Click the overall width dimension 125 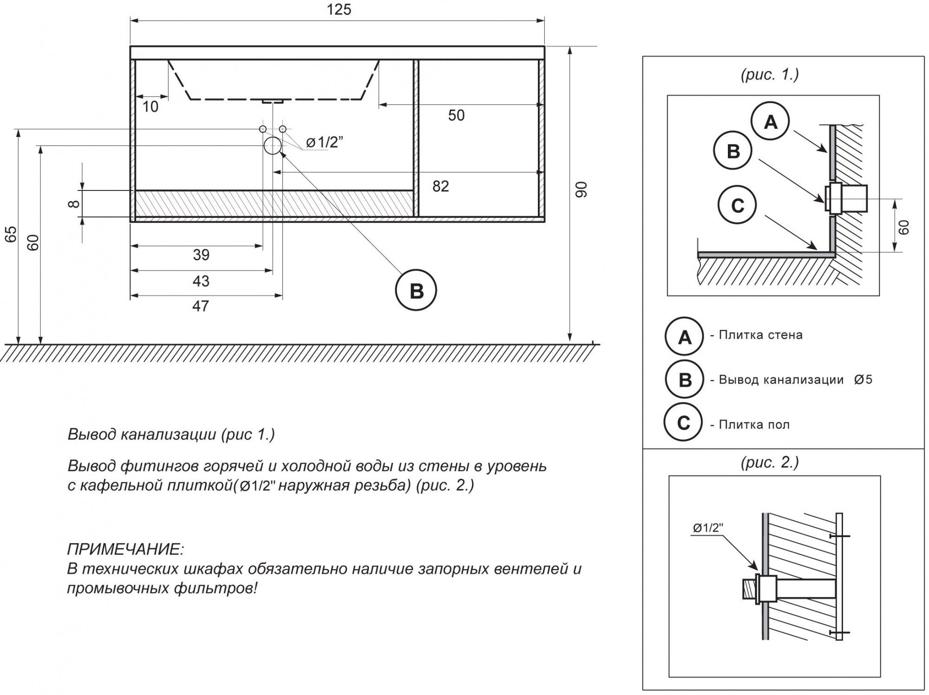339,10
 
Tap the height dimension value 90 582,190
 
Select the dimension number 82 440,186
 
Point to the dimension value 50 456,115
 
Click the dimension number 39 201,255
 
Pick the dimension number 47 201,306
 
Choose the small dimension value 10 150,107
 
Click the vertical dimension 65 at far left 11,234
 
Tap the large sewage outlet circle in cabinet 273,146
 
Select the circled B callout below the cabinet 416,290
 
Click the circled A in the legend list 684,336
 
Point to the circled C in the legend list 683,423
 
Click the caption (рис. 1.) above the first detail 770,74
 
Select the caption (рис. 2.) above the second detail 770,462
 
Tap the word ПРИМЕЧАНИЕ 125,549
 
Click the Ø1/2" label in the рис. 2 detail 708,528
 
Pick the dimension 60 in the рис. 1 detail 904,227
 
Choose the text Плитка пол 754,425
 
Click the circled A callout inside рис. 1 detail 770,122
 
